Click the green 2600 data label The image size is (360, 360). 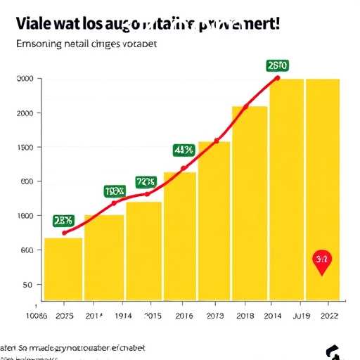[278, 65]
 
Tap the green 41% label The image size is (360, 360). [184, 150]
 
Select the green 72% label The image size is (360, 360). [146, 181]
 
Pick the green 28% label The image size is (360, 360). [63, 221]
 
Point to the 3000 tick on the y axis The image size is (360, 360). [24, 79]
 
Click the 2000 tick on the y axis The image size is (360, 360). [24, 113]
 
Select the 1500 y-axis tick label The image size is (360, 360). [24, 148]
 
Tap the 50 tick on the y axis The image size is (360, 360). [28, 285]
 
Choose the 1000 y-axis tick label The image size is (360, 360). [24, 216]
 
